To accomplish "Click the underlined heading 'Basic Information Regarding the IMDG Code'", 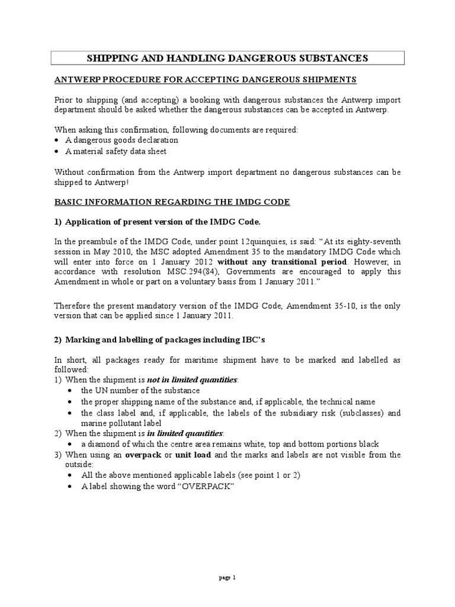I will point(172,202).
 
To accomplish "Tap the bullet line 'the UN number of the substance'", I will point(140,390).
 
